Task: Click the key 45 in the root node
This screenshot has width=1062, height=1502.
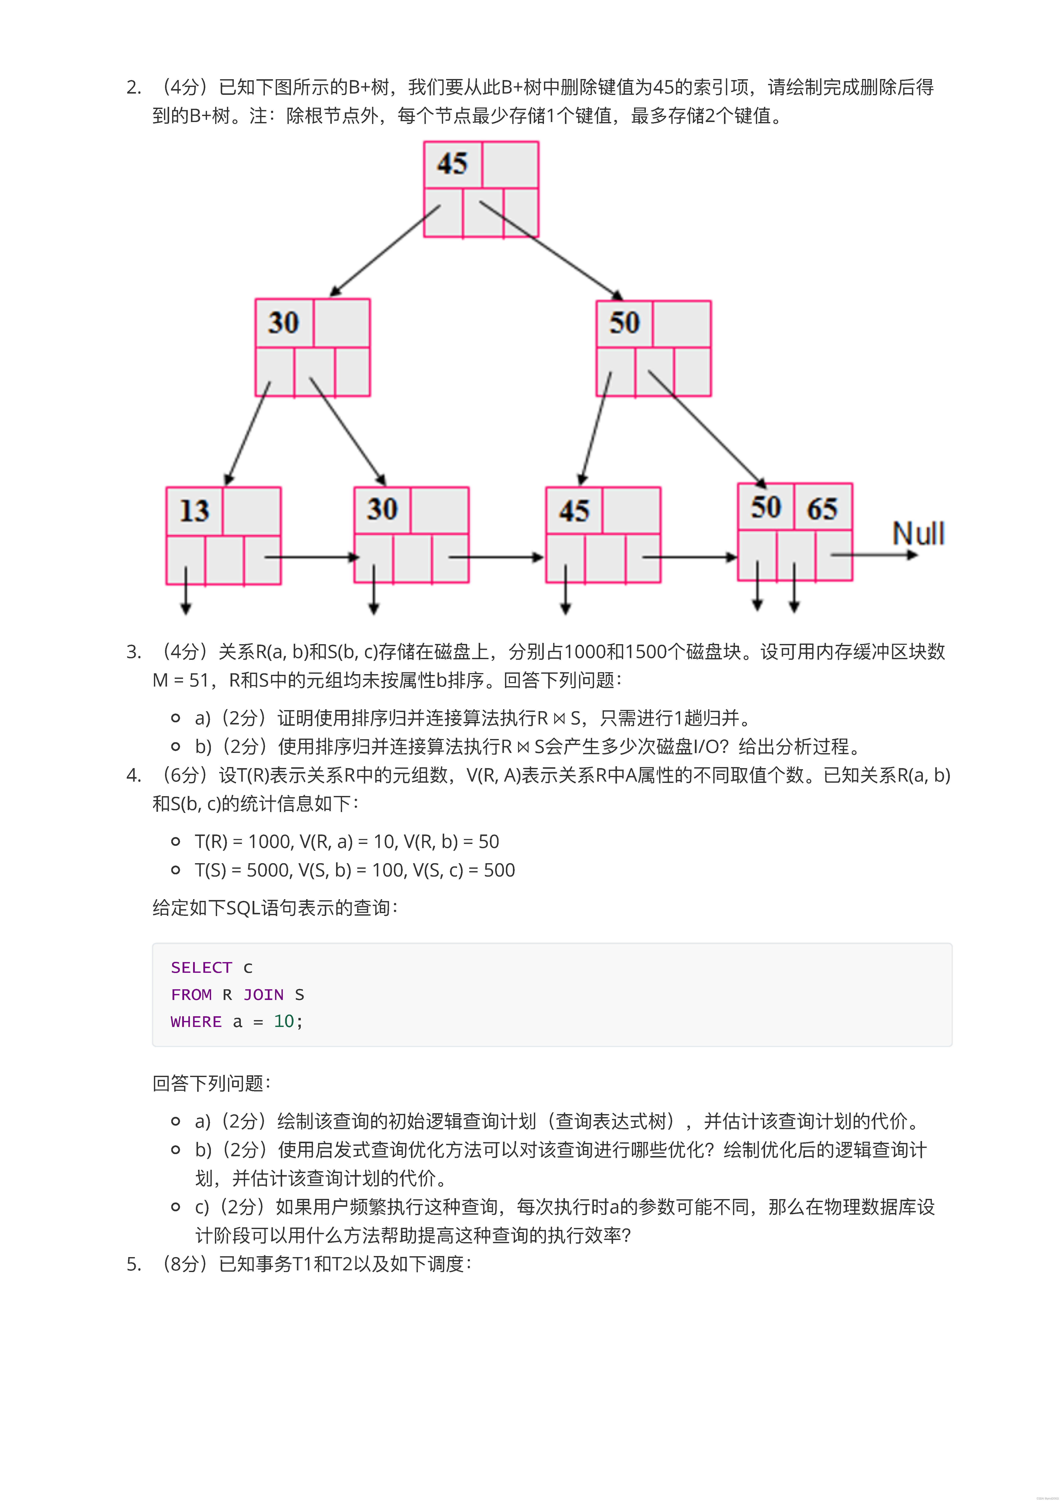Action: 452,164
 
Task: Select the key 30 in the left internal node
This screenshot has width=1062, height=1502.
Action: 283,322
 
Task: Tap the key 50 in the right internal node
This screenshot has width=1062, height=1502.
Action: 624,322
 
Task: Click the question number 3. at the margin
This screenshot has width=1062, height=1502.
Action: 134,652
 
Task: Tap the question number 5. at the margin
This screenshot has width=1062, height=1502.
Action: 134,1264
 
